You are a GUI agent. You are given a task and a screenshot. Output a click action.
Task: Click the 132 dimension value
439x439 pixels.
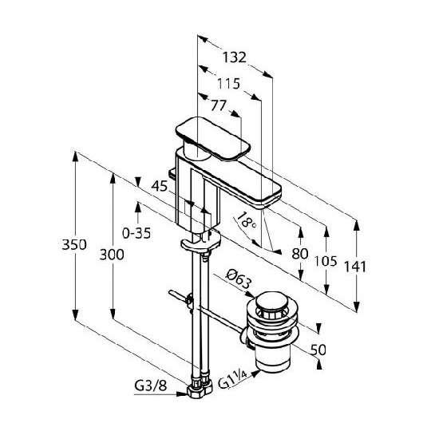(235, 57)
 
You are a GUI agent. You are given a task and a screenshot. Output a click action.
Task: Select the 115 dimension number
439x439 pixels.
(229, 84)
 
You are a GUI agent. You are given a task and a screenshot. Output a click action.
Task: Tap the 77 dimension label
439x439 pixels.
(219, 105)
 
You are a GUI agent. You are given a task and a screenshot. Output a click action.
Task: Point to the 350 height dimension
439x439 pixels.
(74, 245)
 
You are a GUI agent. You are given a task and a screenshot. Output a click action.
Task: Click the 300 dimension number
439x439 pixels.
(112, 255)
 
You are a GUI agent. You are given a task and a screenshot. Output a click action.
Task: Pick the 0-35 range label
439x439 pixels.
(136, 233)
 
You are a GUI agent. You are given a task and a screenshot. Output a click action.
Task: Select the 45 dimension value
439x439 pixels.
(160, 186)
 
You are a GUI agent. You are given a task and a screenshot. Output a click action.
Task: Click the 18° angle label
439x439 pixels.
(246, 220)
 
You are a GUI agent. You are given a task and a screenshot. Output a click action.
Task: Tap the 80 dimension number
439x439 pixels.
(300, 254)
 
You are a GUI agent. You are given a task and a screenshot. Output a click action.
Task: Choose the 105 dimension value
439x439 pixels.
(326, 261)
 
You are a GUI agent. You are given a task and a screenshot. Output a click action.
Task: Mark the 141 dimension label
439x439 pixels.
(355, 267)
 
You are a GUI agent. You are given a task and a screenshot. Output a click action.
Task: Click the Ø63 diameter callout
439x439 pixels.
(239, 279)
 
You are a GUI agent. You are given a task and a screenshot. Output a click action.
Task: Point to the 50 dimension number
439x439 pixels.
(318, 350)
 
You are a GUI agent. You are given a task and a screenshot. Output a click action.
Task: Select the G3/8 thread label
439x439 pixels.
(151, 386)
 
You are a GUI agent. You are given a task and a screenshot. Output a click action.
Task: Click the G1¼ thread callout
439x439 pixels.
(232, 379)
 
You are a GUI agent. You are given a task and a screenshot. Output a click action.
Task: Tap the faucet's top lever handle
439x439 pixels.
(213, 139)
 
